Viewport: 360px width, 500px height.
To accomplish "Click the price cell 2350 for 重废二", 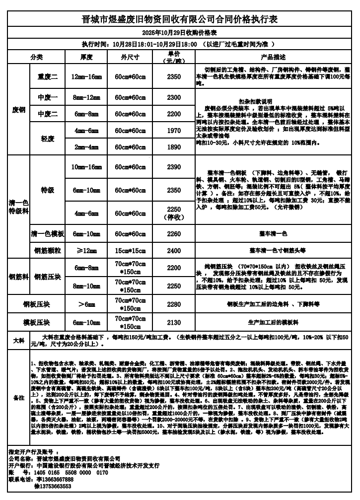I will coord(174,77).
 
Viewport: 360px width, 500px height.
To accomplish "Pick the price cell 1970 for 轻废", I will coord(174,131).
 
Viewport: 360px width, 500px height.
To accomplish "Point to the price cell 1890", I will coord(174,147).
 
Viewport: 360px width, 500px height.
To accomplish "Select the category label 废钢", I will coord(19,109).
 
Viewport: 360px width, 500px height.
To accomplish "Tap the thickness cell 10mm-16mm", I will coord(86,167).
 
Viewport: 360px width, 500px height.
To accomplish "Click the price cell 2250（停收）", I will coord(174,213).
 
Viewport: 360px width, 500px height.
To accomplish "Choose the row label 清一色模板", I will coord(48,233).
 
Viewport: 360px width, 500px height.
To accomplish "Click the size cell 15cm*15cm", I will coord(129,251).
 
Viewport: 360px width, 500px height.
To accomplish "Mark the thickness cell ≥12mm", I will coord(86,251).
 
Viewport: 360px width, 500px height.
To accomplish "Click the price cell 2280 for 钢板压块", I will coord(174,304).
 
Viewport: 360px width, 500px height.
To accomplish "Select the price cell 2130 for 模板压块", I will coord(174,322).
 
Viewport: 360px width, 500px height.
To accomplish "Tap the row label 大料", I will coord(18,341).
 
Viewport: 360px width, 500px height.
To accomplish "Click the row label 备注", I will coord(18,398).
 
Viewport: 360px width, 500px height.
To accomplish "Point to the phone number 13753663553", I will coord(54,486).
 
